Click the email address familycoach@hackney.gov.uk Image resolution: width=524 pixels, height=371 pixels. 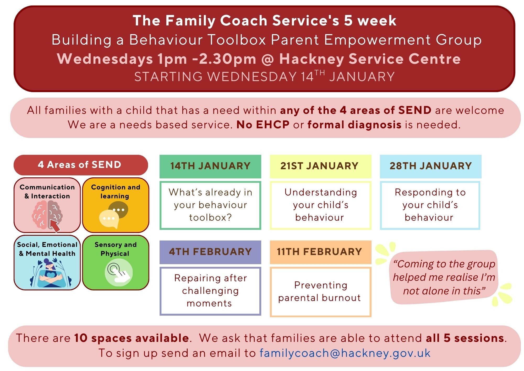click(x=345, y=353)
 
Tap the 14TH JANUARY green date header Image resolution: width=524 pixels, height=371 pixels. click(x=210, y=166)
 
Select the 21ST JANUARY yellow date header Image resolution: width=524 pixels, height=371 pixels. click(x=320, y=166)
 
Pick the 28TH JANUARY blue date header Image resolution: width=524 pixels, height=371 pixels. click(x=431, y=166)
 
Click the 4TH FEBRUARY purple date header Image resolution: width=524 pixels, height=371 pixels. click(x=210, y=252)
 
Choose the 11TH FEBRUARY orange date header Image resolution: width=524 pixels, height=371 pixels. click(x=320, y=252)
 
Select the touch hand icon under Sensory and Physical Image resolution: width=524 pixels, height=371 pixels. click(x=119, y=272)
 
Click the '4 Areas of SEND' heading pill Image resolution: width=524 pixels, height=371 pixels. click(x=81, y=165)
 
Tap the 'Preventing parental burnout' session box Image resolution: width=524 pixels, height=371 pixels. click(x=320, y=292)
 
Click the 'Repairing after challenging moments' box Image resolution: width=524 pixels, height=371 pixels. click(x=210, y=291)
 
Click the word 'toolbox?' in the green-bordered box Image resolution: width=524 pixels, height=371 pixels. click(x=210, y=218)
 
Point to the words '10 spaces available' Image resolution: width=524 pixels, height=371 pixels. click(x=132, y=338)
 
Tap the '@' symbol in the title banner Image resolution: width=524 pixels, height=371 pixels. click(x=268, y=59)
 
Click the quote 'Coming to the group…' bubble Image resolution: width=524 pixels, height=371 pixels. click(x=444, y=277)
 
